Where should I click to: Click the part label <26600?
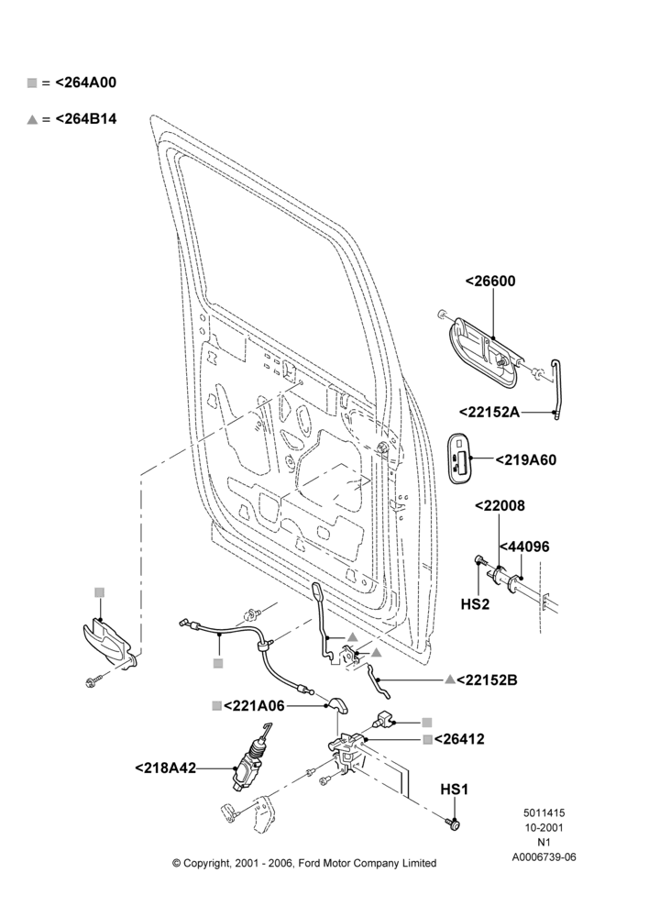(x=490, y=282)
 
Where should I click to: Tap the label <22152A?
(x=489, y=413)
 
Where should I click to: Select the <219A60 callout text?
(x=526, y=460)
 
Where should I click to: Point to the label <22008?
(x=500, y=506)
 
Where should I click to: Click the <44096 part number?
(x=524, y=547)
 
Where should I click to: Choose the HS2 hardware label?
(x=475, y=604)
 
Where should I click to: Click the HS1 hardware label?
(x=455, y=790)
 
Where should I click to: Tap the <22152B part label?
(x=487, y=680)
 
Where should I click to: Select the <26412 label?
(x=459, y=739)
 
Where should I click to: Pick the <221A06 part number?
(x=254, y=706)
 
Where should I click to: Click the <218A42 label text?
(x=166, y=768)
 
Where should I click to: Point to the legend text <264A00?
(x=86, y=83)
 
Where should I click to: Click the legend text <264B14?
(x=86, y=118)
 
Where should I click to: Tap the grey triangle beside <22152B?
(x=450, y=679)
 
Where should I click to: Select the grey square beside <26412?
(x=428, y=740)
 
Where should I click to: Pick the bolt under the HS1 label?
(x=454, y=824)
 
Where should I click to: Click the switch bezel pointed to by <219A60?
(x=459, y=458)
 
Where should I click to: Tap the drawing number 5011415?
(x=544, y=812)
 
